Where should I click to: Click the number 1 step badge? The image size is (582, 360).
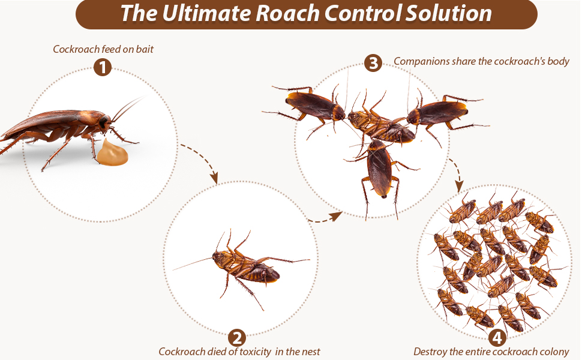click(x=103, y=68)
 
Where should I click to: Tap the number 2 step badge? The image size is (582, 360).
click(x=237, y=337)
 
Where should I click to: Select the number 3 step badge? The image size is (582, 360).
click(x=373, y=62)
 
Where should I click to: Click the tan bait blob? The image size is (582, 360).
click(x=113, y=154)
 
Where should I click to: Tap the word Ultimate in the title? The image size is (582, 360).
click(x=198, y=14)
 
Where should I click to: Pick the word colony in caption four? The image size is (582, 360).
click(x=553, y=352)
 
